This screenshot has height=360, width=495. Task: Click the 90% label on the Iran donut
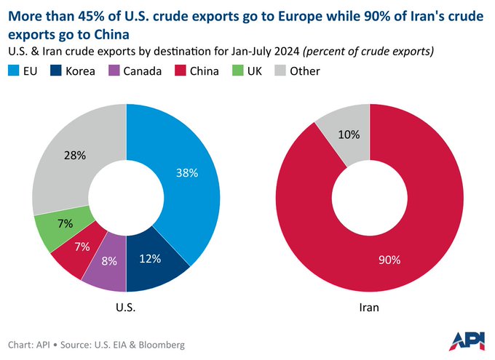tap(389, 260)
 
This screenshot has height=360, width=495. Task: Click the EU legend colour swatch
tap(15, 71)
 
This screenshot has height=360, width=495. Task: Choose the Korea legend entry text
tap(79, 71)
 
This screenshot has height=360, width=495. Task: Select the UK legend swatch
tap(237, 71)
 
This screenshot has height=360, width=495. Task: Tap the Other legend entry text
tap(305, 71)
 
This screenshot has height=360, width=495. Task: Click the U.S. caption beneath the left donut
tap(126, 308)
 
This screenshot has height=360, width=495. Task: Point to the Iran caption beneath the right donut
tap(369, 308)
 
